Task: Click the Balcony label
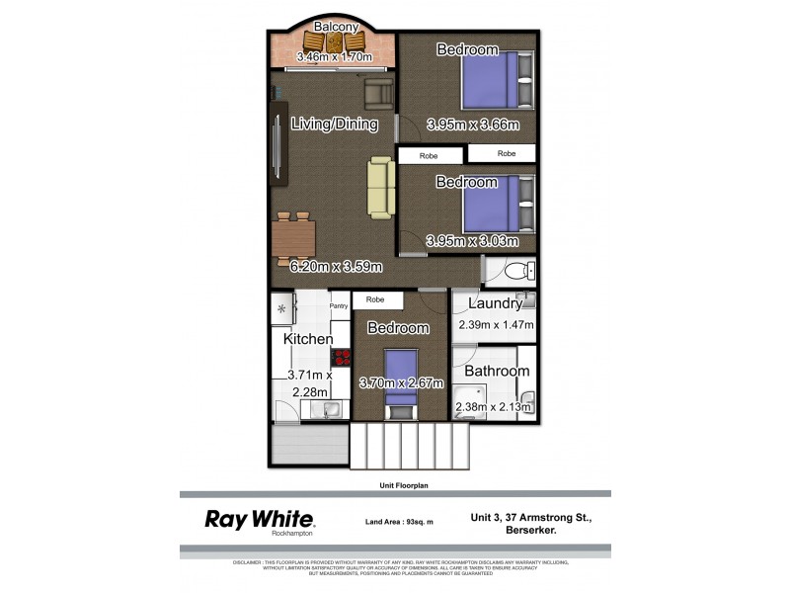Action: [335, 27]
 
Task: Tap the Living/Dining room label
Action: [335, 124]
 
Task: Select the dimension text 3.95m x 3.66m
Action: [472, 126]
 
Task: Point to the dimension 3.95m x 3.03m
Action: [472, 241]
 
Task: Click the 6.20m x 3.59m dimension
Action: [337, 265]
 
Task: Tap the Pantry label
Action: [339, 306]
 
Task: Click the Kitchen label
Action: [308, 339]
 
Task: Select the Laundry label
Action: [495, 303]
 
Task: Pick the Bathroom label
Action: [497, 371]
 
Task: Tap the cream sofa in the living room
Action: [380, 187]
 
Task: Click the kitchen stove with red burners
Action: [342, 360]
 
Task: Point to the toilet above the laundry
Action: [514, 272]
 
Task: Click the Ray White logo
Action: [259, 520]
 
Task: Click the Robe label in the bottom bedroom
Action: [375, 299]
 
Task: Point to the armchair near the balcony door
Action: [377, 94]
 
